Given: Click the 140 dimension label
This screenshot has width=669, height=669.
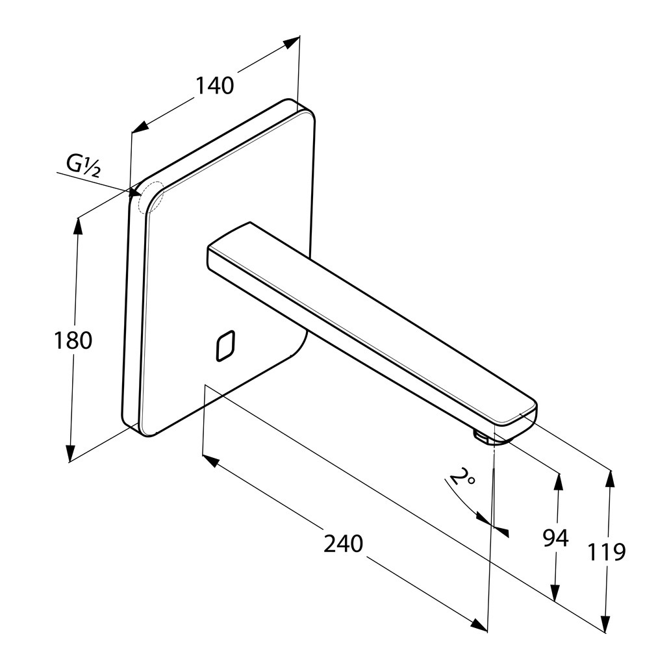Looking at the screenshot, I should click(x=214, y=85).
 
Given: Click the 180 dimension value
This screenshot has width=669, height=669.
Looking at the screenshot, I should click(x=72, y=340).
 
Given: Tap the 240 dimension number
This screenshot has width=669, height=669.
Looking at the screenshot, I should click(x=343, y=544).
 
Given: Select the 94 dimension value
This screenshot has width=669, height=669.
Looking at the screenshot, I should click(x=555, y=538).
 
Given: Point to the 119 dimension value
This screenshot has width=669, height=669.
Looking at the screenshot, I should click(x=607, y=552).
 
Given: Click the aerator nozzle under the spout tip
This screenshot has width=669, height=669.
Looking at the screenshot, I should click(x=483, y=437).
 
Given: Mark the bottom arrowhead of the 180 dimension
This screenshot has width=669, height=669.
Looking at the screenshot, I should click(x=70, y=454).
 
